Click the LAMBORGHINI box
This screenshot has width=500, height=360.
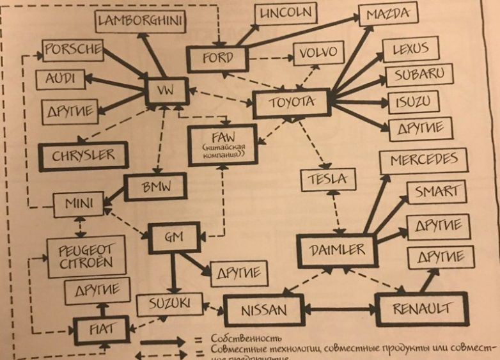pyautogui.click(x=141, y=22)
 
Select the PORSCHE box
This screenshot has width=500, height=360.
pyautogui.click(x=73, y=49)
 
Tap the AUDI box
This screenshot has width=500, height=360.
pyautogui.click(x=60, y=79)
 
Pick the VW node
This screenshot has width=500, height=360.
pyautogui.click(x=166, y=91)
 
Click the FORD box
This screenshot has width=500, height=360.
pyautogui.click(x=217, y=59)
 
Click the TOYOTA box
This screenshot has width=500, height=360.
pyautogui.click(x=292, y=102)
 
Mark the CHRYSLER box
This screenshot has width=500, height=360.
pyautogui.click(x=83, y=155)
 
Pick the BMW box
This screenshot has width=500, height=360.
pyautogui.click(x=155, y=187)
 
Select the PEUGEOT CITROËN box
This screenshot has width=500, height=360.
pyautogui.click(x=86, y=256)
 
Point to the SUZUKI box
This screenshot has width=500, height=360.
pyautogui.click(x=168, y=304)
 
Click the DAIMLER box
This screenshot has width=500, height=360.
pyautogui.click(x=337, y=249)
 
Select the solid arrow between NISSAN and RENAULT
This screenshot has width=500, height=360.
pyautogui.click(x=340, y=309)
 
